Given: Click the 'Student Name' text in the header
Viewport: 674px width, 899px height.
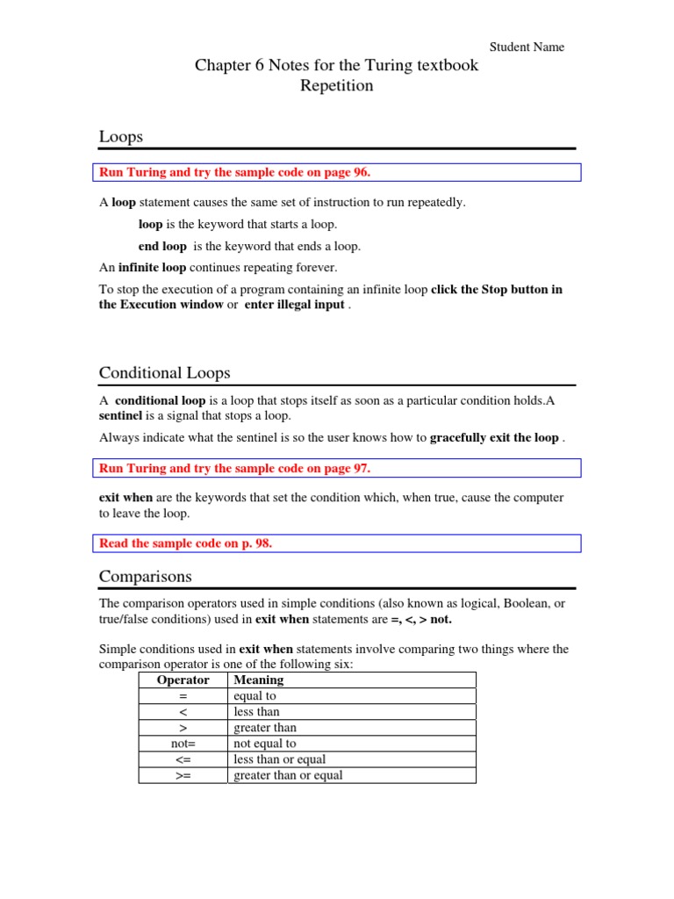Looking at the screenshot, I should [x=527, y=47].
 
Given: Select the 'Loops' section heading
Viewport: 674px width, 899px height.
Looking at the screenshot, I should [x=121, y=137].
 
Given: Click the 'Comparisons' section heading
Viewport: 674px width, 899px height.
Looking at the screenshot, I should [x=145, y=577].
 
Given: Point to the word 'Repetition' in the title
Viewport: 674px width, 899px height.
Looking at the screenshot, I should [x=337, y=86].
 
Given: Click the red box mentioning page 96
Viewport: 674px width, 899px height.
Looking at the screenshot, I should [x=338, y=172].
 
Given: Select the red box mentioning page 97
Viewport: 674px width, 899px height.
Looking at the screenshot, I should [x=338, y=468].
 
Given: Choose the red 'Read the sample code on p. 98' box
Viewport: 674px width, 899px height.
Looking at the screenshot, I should [x=338, y=543].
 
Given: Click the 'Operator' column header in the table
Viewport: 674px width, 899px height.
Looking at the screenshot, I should [x=183, y=680].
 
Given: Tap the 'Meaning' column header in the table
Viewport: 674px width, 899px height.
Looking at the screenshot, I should [x=258, y=680].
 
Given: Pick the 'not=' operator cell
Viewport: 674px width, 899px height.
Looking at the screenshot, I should [x=183, y=744].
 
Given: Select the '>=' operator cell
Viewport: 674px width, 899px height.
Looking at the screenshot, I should [x=183, y=775].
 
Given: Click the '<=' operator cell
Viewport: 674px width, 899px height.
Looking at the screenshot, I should [x=183, y=759].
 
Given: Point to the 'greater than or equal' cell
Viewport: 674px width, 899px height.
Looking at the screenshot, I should [x=288, y=775].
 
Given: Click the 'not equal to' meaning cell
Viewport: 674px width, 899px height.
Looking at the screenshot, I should [x=264, y=744].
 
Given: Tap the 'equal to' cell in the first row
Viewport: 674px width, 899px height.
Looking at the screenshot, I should [x=255, y=696].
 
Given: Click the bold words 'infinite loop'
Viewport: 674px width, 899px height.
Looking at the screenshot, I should [x=150, y=267].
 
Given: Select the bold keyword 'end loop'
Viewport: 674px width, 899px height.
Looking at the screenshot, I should [x=162, y=246].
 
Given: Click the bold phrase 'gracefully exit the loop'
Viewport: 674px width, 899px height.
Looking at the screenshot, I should [x=494, y=437].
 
